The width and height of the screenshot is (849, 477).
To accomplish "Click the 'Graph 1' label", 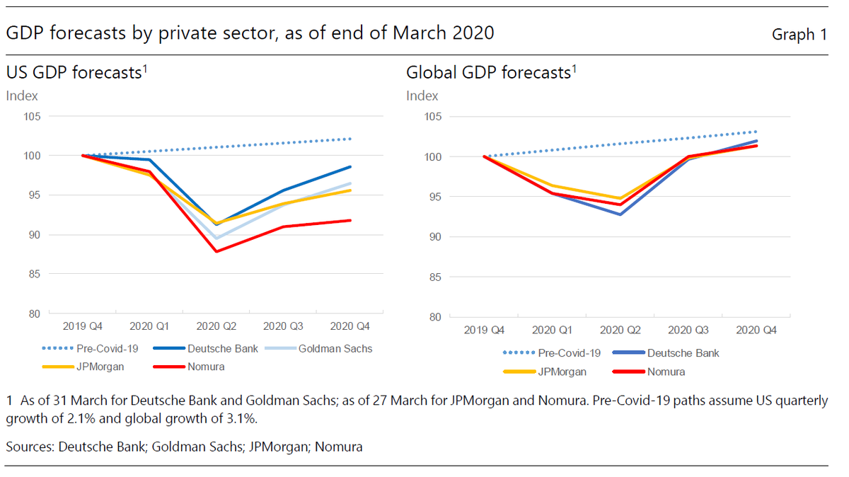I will (799, 34).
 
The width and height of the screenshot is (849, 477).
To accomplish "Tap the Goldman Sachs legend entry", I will (335, 348).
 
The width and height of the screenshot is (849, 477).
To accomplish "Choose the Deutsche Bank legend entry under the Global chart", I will (682, 352).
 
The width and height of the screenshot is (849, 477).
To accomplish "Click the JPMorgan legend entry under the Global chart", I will (562, 371).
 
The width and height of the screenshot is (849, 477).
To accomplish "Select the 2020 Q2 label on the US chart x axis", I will (216, 326).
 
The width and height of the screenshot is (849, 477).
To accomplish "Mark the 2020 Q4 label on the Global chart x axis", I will (756, 330).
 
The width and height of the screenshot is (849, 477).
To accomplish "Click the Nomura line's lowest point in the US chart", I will (216, 251).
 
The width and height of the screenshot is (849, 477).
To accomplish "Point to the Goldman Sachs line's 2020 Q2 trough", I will (216, 238).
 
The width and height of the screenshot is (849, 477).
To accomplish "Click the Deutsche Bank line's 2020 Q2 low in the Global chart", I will (620, 214).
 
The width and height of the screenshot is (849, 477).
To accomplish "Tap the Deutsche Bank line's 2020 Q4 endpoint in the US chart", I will (350, 167).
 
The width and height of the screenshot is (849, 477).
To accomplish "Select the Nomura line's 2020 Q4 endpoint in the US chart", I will (350, 220).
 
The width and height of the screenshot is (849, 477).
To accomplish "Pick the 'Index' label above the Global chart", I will (422, 96).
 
